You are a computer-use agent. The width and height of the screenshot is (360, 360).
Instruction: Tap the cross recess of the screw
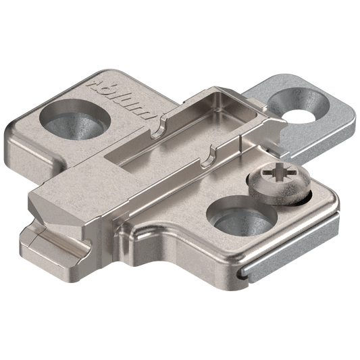click(x=279, y=173)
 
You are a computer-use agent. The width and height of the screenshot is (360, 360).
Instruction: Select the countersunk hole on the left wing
click(x=75, y=120)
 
